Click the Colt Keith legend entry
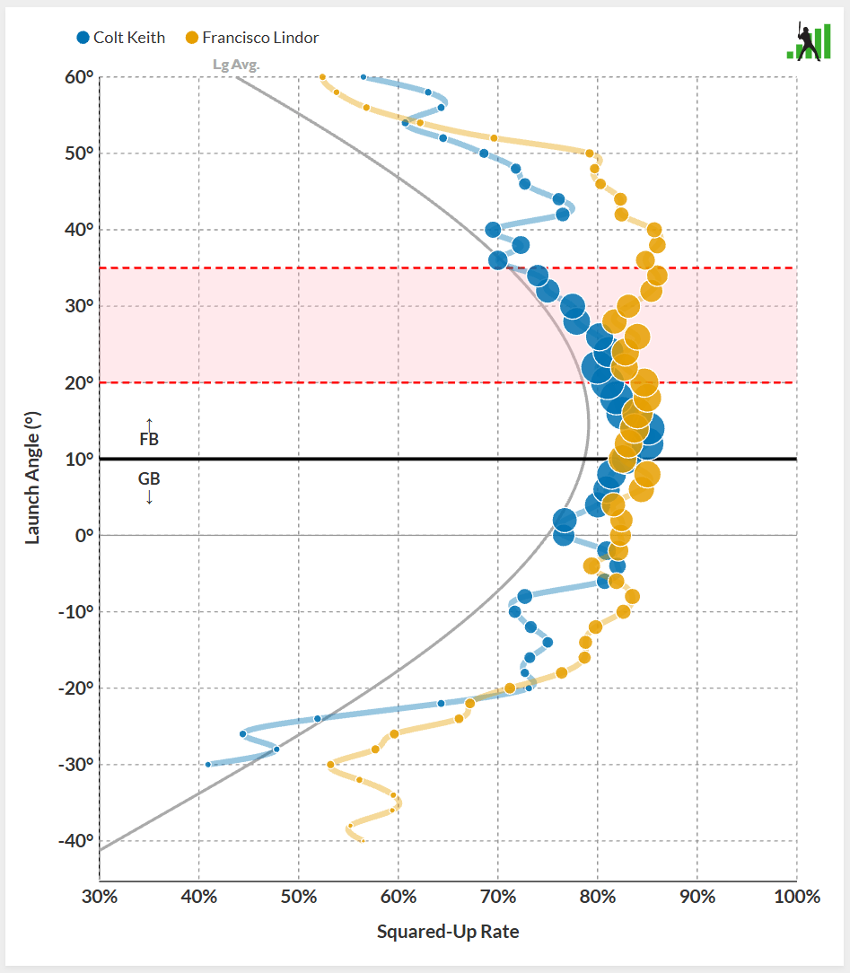pos(121,38)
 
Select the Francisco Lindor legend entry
pos(251,38)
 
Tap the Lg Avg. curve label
pos(235,65)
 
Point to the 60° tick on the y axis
pos(79,77)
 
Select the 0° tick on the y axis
pos(83,535)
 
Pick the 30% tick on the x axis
pos(99,896)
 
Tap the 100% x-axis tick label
pos(796,896)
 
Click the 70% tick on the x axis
pos(497,896)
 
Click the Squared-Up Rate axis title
pos(447,931)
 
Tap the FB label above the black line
pos(149,440)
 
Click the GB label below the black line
pos(149,478)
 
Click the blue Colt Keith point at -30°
pos(208,765)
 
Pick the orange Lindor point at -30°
pos(330,765)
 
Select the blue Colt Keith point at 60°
pos(364,77)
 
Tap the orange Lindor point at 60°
pos(322,77)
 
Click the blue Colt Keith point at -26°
pos(243,734)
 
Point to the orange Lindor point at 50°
pos(590,153)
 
